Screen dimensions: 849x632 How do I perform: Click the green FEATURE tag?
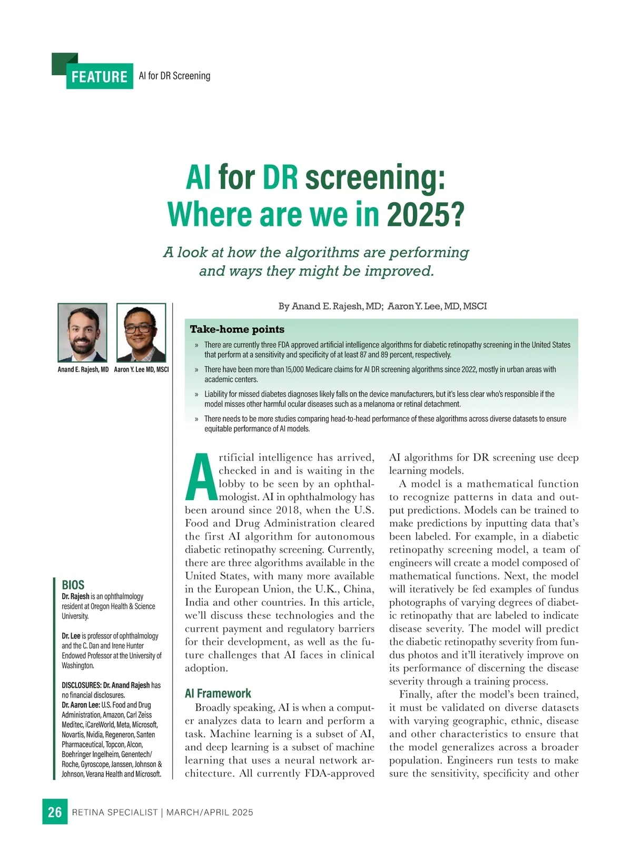pyautogui.click(x=100, y=77)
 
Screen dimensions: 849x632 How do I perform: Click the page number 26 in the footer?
pyautogui.click(x=55, y=812)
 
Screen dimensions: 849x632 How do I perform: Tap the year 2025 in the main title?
pyautogui.click(x=426, y=214)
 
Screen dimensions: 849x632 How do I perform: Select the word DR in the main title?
pyautogui.click(x=280, y=177)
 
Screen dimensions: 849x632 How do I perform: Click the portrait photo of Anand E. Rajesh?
pyautogui.click(x=82, y=332)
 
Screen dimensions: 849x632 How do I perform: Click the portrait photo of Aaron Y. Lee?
pyautogui.click(x=141, y=332)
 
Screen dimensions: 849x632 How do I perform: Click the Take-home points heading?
pyautogui.click(x=237, y=329)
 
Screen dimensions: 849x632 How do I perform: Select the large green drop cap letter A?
pyautogui.click(x=201, y=477)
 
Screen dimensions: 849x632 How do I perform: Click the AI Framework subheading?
pyautogui.click(x=218, y=693)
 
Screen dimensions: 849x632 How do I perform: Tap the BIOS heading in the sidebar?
pyautogui.click(x=73, y=585)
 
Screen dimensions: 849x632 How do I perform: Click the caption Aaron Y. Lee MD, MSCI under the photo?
pyautogui.click(x=141, y=369)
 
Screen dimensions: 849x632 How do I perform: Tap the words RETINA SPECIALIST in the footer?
pyautogui.click(x=115, y=812)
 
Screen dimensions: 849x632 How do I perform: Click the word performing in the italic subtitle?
pyautogui.click(x=429, y=253)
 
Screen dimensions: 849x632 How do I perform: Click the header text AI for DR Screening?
pyautogui.click(x=174, y=76)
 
